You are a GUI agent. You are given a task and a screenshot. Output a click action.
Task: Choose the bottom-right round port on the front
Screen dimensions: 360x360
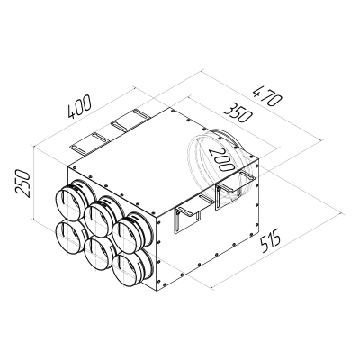(x=128, y=265)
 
